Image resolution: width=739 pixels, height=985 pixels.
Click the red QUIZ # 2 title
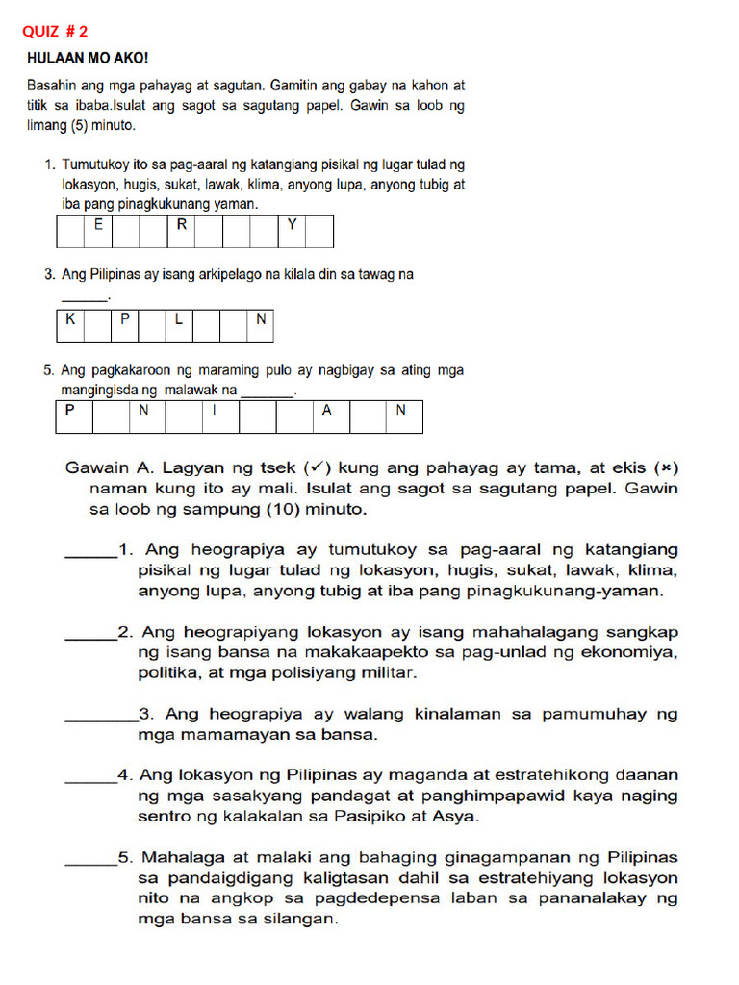click(x=55, y=31)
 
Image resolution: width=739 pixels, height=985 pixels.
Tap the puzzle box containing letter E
click(x=97, y=231)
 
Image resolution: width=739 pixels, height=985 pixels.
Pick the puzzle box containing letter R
click(x=181, y=231)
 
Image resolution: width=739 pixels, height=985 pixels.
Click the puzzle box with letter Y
click(x=293, y=231)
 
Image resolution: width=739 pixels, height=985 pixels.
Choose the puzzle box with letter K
click(x=70, y=326)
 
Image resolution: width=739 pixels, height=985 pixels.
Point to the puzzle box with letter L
click(x=179, y=326)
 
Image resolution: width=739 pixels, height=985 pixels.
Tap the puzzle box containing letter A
click(x=327, y=417)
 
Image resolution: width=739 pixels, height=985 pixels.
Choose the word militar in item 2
click(x=389, y=673)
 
